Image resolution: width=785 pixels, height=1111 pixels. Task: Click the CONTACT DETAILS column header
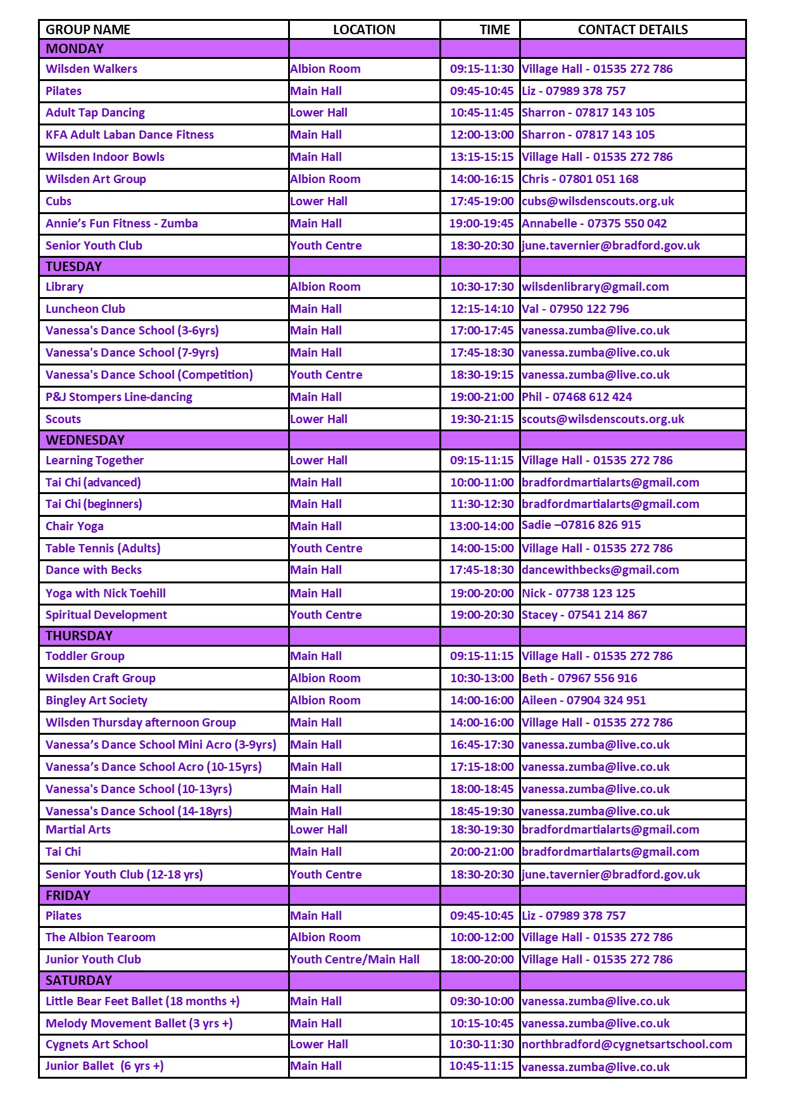[632, 30]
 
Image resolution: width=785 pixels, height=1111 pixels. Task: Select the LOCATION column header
[364, 30]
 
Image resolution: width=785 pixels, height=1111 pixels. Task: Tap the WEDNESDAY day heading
[85, 440]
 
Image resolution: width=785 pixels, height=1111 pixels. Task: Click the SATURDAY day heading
[78, 981]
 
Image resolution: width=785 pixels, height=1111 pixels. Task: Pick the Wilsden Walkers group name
[91, 69]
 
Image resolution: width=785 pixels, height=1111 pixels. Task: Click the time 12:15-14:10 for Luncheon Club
[482, 309]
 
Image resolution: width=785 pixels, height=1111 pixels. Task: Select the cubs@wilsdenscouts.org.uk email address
[598, 201]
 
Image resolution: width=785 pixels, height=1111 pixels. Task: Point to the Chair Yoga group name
[74, 526]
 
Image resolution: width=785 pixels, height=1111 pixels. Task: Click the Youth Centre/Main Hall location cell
[355, 960]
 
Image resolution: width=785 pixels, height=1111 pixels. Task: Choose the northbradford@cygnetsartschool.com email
[627, 1044]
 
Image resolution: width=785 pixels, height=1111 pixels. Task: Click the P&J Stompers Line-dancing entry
[119, 397]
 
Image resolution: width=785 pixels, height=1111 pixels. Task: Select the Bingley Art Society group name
[96, 701]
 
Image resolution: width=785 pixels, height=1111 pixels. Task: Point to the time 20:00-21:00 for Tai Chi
[482, 852]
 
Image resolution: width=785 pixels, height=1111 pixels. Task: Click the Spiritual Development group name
[106, 615]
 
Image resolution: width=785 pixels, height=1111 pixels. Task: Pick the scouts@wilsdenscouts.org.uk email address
[603, 419]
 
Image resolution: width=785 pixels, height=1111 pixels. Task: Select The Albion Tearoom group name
[100, 937]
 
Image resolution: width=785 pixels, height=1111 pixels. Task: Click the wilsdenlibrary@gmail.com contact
[595, 287]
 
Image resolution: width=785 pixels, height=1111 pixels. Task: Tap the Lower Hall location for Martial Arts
[318, 830]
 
